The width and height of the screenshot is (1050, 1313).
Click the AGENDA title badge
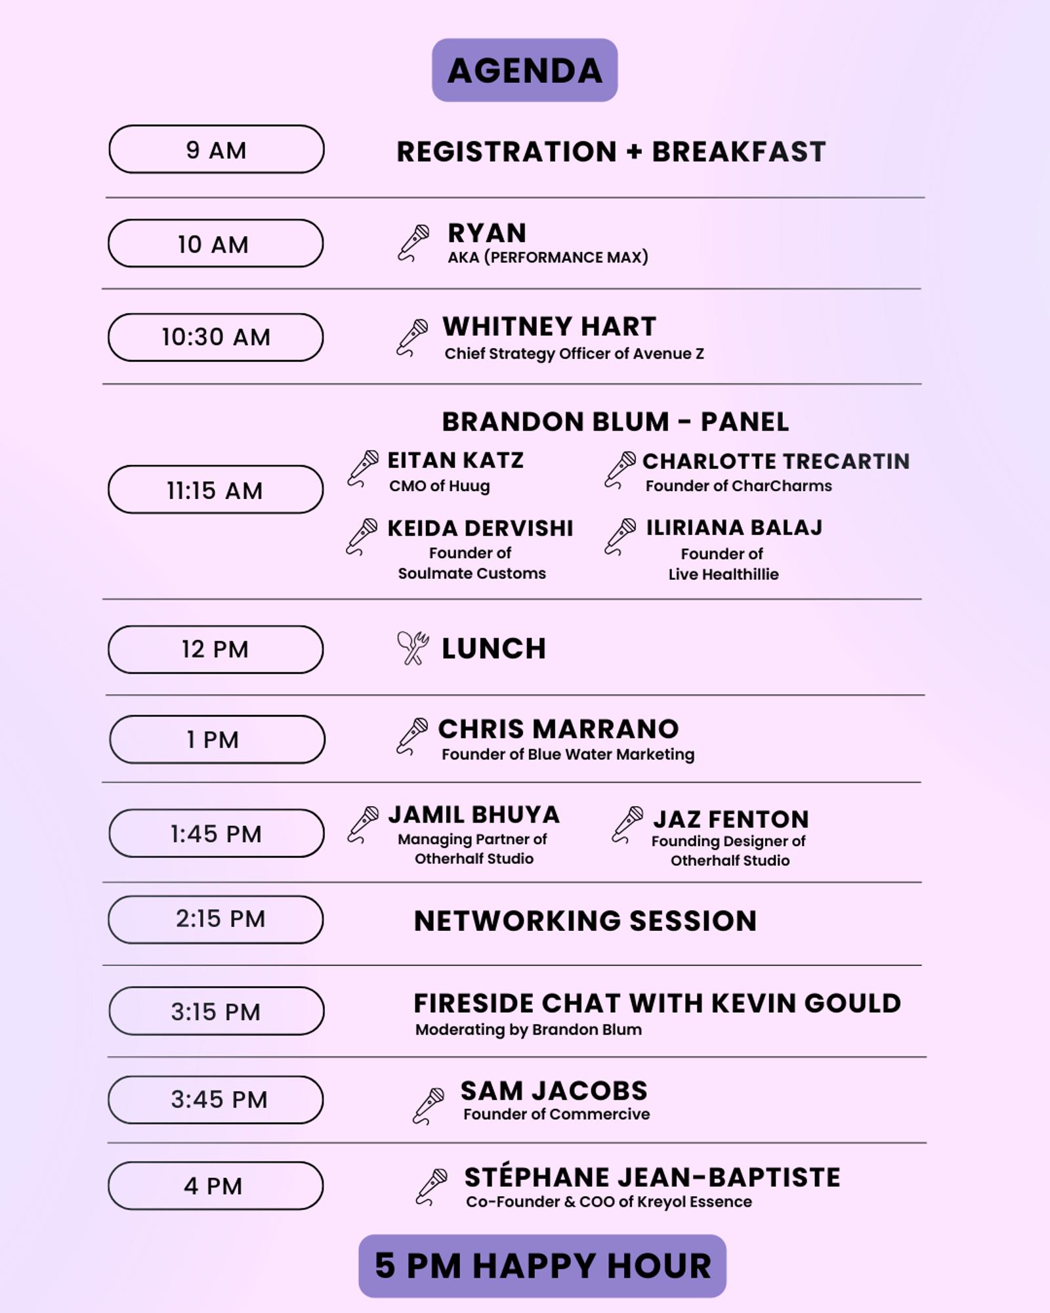tap(524, 70)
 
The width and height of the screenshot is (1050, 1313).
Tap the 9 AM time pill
tap(217, 150)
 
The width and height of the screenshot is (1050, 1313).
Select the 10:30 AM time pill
tap(216, 337)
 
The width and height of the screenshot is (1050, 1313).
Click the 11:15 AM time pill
tap(216, 490)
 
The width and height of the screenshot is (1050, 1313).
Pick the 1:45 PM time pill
tap(217, 833)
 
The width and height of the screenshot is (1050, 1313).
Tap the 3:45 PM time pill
tap(216, 1100)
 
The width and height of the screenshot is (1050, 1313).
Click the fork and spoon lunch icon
tap(413, 649)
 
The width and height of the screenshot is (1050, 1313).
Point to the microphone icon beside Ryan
tap(414, 243)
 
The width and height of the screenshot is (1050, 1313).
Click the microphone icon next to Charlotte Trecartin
tap(620, 470)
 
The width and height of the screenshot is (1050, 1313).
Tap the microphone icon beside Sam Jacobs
tap(429, 1106)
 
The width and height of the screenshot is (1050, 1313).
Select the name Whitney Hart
tap(549, 326)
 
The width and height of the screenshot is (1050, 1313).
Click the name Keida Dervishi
tap(480, 528)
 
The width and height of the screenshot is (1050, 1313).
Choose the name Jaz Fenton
tap(730, 819)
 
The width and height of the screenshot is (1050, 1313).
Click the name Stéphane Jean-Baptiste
tap(652, 1176)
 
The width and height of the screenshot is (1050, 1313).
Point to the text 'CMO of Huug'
tap(440, 486)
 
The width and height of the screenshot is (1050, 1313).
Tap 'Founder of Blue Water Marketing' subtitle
tap(568, 754)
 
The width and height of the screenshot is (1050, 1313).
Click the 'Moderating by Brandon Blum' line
tap(529, 1029)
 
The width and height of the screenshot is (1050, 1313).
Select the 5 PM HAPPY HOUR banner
tap(543, 1266)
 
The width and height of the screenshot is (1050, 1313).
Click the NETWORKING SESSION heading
tap(585, 921)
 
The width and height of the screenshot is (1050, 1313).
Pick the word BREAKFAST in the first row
tap(739, 152)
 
